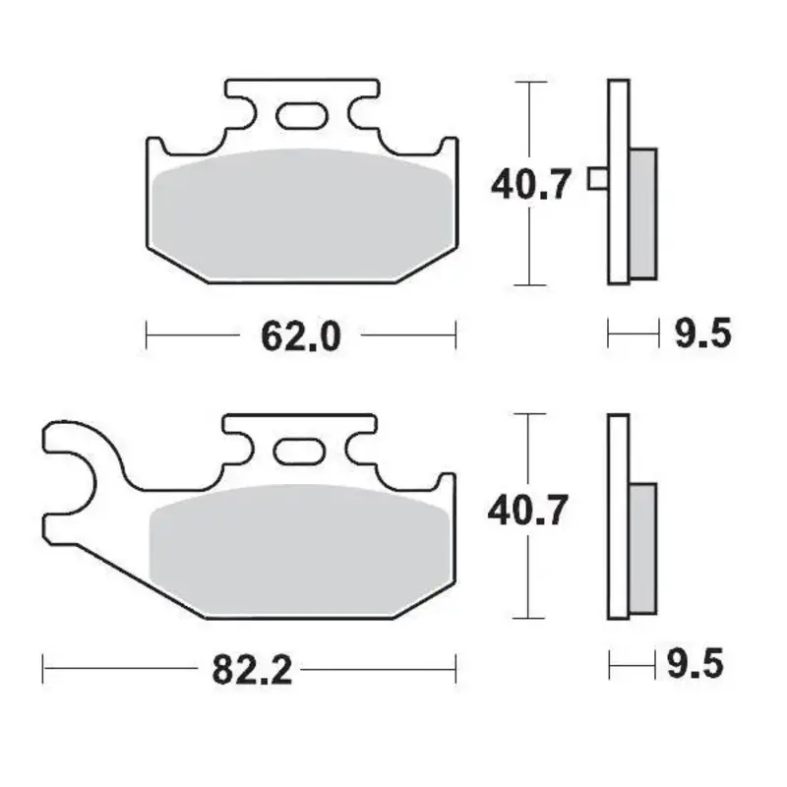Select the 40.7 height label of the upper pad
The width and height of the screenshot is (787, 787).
tap(530, 184)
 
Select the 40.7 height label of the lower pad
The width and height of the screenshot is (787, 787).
tap(530, 512)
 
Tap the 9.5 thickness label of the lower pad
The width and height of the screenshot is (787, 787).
tap(696, 666)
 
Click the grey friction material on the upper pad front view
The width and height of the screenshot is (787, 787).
tap(300, 216)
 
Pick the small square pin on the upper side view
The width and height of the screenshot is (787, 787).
tap(597, 179)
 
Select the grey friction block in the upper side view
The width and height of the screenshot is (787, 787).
tap(641, 212)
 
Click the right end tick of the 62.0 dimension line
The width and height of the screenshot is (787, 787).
tap(455, 335)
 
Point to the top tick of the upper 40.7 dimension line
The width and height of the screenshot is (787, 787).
tap(530, 81)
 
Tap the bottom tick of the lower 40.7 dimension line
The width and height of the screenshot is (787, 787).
tap(530, 618)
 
